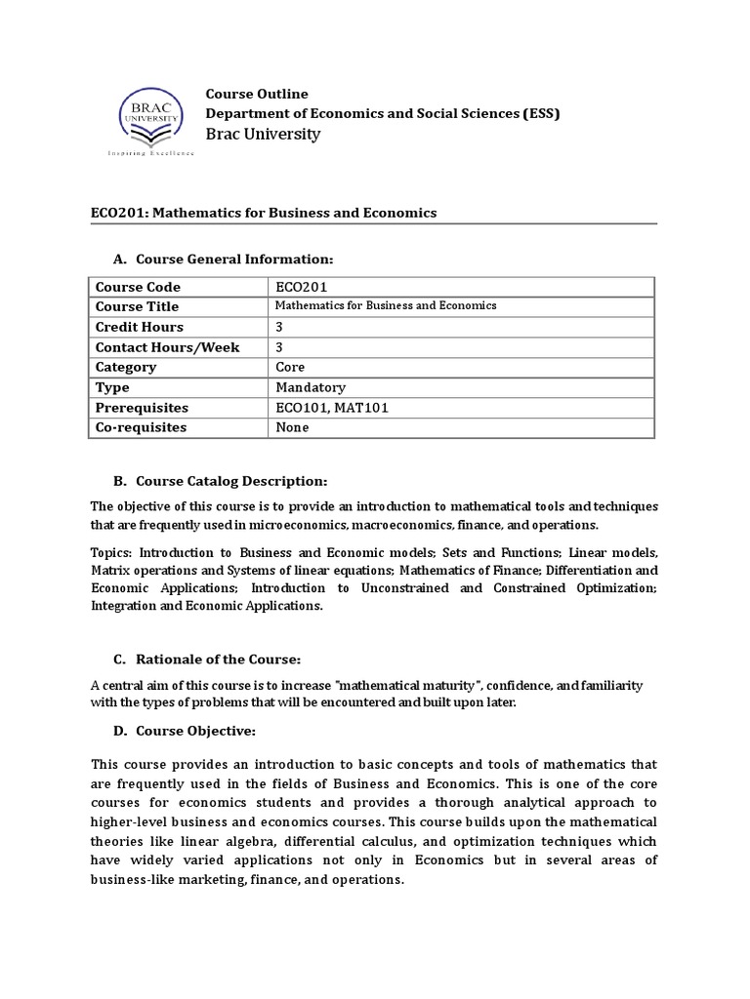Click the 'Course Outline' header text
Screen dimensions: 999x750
pyautogui.click(x=256, y=94)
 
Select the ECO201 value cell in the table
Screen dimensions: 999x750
pyautogui.click(x=302, y=287)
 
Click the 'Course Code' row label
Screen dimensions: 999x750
pyautogui.click(x=138, y=287)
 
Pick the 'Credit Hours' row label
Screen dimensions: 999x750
pyautogui.click(x=139, y=327)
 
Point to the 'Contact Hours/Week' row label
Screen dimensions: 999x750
pyautogui.click(x=167, y=347)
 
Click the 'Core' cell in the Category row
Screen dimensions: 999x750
pyautogui.click(x=291, y=367)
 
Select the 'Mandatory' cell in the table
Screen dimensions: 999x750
pyautogui.click(x=311, y=387)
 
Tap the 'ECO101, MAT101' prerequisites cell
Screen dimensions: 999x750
pyautogui.click(x=332, y=408)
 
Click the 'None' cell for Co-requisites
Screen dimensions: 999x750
pyautogui.click(x=293, y=427)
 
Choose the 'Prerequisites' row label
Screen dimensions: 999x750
pyautogui.click(x=142, y=408)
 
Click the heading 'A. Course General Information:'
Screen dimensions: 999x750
pyautogui.click(x=224, y=259)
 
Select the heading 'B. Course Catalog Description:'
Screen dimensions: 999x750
pyautogui.click(x=221, y=481)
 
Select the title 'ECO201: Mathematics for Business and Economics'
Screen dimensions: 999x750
pyautogui.click(x=264, y=213)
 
